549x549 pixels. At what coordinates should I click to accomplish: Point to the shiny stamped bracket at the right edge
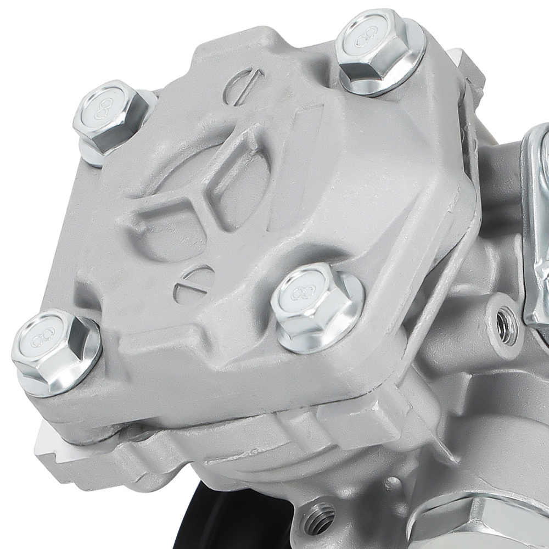[535, 231]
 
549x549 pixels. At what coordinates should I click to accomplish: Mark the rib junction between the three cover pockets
[206, 198]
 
